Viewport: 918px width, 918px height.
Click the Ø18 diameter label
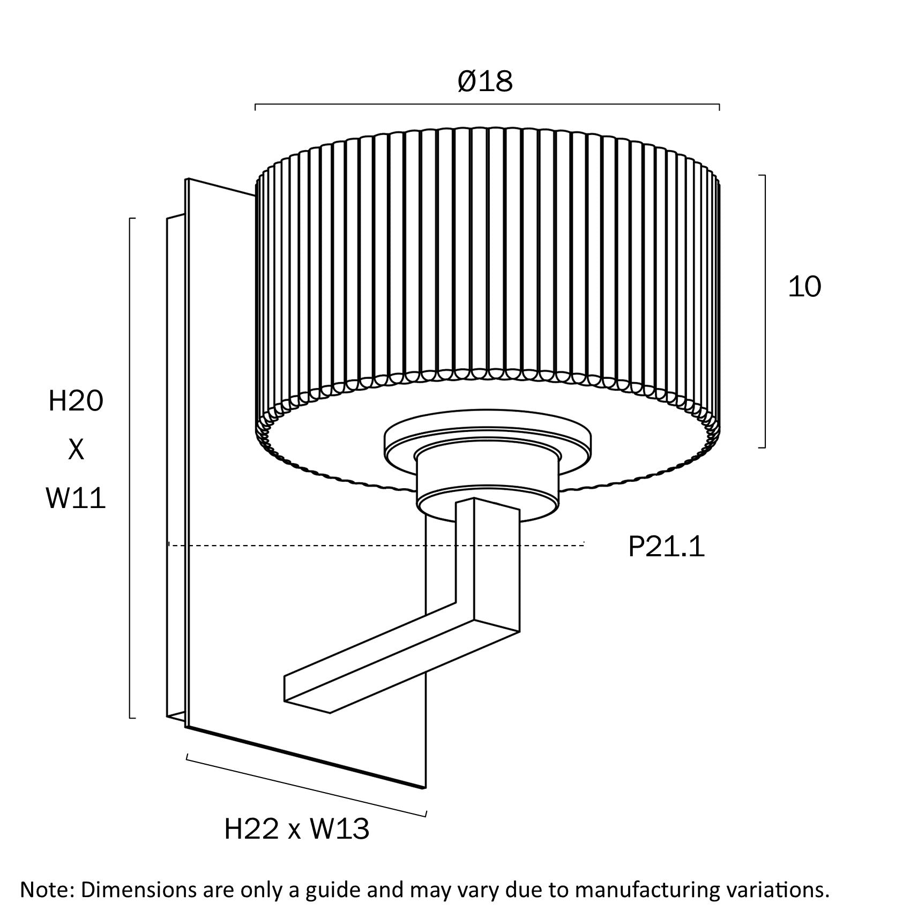pos(485,81)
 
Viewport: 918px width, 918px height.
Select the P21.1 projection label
pos(666,547)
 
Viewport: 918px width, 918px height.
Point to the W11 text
pos(76,498)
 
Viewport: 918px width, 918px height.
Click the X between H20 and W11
pos(76,450)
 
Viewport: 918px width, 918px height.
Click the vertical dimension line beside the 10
pos(765,311)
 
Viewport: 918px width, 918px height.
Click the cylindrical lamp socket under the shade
pos(488,477)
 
